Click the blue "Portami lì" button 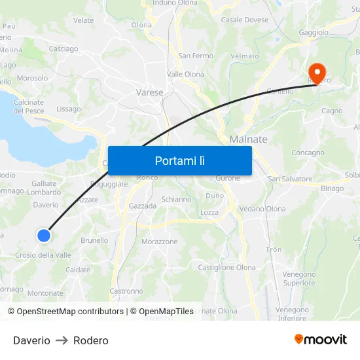(179, 160)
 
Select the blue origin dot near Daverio (44, 236)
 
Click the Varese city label (149, 92)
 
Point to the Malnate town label (248, 139)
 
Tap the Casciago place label (63, 48)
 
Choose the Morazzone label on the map (160, 242)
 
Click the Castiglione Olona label (226, 267)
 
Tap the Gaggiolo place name (313, 32)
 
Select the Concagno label (308, 153)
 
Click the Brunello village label (94, 240)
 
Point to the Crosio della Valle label (43, 255)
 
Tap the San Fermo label (196, 56)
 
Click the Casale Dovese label (245, 20)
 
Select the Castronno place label (126, 291)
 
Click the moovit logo (321, 339)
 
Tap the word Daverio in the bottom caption (31, 340)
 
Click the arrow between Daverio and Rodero (62, 340)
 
